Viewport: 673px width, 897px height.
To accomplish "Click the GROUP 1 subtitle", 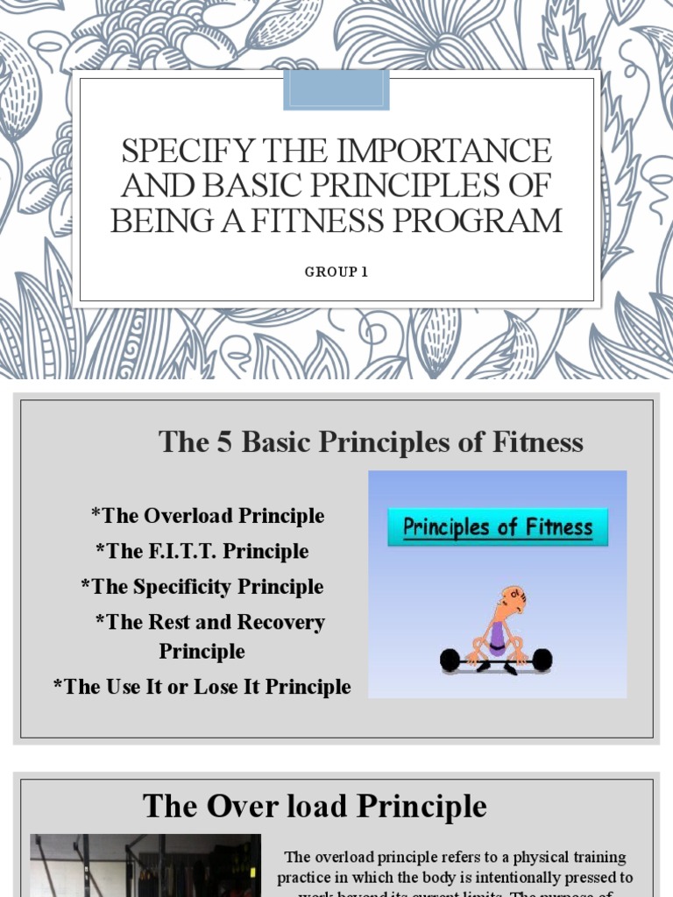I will click(x=336, y=272).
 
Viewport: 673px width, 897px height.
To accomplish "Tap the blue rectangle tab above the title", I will click(x=336, y=90).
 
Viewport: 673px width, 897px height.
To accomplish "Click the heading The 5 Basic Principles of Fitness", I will click(x=371, y=442).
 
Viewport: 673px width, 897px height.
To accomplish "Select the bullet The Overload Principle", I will click(x=208, y=516).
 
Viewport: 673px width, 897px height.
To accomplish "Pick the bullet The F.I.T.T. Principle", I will click(x=202, y=551).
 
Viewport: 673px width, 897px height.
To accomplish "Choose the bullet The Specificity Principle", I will click(x=202, y=586).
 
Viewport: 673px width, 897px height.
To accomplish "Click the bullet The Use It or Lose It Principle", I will click(x=202, y=687).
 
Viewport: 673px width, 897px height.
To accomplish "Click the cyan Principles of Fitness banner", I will click(x=498, y=528).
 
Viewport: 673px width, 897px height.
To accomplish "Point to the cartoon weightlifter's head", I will click(x=513, y=601).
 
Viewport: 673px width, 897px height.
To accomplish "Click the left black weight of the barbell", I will click(x=450, y=660).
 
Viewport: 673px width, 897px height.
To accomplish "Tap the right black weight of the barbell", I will click(x=542, y=659).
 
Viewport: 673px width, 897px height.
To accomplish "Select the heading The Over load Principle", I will click(x=315, y=806).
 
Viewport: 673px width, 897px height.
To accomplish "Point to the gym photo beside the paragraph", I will click(x=145, y=867).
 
